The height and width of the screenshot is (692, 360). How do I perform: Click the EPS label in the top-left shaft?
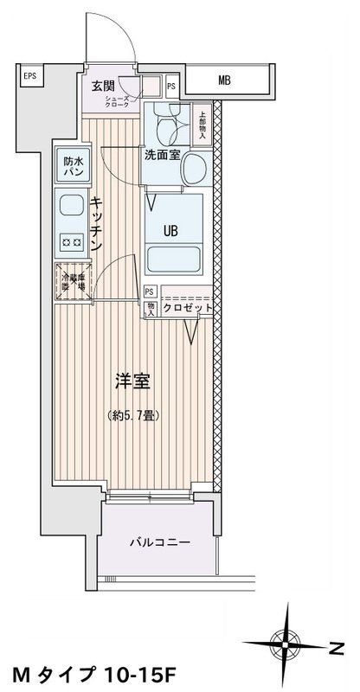[29, 75]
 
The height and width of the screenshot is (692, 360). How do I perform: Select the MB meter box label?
[224, 81]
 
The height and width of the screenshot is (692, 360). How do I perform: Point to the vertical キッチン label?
[96, 223]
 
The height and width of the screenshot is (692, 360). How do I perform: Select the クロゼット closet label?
[186, 308]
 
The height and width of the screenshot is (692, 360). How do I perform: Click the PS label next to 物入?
[151, 292]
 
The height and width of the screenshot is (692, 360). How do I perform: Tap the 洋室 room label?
[132, 379]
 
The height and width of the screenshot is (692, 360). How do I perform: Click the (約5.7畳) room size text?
[132, 413]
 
